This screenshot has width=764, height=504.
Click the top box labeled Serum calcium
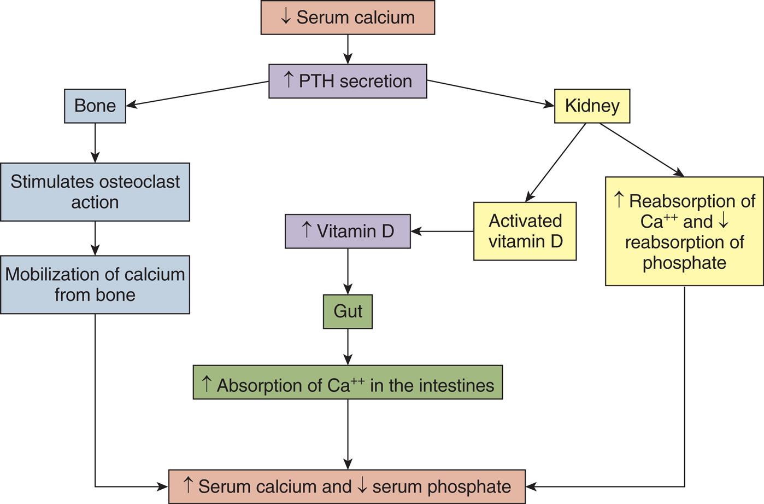(x=348, y=18)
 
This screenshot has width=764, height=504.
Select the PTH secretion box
(x=348, y=81)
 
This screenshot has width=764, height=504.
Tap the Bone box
(x=95, y=106)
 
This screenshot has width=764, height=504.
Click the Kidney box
(x=592, y=106)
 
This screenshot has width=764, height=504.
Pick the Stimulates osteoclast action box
(x=95, y=192)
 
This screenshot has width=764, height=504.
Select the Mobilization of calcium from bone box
(x=95, y=284)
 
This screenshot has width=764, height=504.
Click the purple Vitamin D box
(x=348, y=231)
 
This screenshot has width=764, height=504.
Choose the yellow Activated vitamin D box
(x=525, y=231)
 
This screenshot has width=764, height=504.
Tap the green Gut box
(x=348, y=311)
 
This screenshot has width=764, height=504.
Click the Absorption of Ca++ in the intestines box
(x=348, y=385)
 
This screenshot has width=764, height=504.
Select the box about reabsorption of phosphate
(x=684, y=231)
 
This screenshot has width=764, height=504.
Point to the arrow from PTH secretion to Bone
(x=197, y=94)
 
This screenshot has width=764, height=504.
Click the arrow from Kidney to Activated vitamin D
(x=555, y=163)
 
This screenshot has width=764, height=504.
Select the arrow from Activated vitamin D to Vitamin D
(x=442, y=231)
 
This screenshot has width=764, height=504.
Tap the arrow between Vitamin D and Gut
(x=348, y=271)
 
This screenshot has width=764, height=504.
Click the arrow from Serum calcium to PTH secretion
(x=348, y=49)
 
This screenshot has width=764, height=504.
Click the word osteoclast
(x=145, y=182)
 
